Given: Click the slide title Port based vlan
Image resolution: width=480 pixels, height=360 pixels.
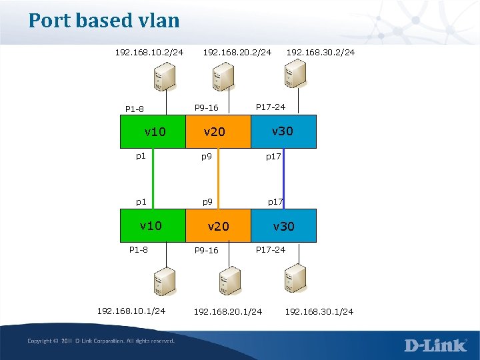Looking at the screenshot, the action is pyautogui.click(x=104, y=21).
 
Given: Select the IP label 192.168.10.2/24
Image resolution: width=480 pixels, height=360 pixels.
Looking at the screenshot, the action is pyautogui.click(x=149, y=51).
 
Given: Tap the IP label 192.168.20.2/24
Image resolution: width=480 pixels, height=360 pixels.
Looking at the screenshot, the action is pyautogui.click(x=237, y=51).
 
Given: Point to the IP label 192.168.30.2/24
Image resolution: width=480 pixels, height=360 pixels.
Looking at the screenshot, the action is pyautogui.click(x=320, y=51).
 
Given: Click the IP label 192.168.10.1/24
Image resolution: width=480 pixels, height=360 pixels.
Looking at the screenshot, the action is pyautogui.click(x=131, y=311).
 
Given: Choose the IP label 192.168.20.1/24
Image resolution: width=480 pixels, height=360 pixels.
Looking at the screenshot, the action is pyautogui.click(x=228, y=311).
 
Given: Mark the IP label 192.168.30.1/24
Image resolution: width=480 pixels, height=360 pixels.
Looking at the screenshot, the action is pyautogui.click(x=319, y=311).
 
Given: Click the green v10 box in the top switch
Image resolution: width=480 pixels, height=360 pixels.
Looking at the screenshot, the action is pyautogui.click(x=152, y=131).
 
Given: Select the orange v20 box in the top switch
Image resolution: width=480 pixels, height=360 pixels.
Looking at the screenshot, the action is pyautogui.click(x=217, y=131).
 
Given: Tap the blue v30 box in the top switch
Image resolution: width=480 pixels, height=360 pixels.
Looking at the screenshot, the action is pyautogui.click(x=283, y=131).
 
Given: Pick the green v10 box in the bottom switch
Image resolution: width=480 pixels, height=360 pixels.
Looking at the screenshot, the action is pyautogui.click(x=152, y=225).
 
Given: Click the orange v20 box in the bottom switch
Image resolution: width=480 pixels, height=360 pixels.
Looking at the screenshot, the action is pyautogui.click(x=217, y=225).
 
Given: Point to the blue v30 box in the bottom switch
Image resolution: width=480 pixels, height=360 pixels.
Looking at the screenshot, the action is pyautogui.click(x=283, y=225).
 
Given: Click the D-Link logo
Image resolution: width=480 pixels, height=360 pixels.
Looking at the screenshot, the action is pyautogui.click(x=435, y=345).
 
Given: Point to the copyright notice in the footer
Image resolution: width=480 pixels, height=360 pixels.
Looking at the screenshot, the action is pyautogui.click(x=101, y=341).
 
